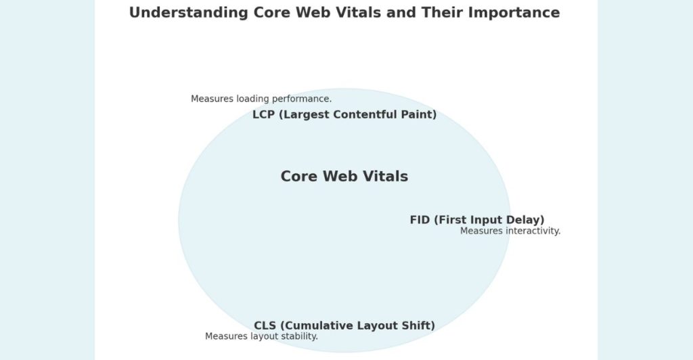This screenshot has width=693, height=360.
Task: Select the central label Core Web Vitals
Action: pos(344,177)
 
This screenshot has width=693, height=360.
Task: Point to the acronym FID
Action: pos(420,220)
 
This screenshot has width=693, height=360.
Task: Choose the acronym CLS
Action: pos(265,325)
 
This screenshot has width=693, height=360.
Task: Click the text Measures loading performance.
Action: pos(261,99)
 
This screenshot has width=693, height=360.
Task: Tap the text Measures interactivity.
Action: pos(510,231)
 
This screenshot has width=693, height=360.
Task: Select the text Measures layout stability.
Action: pos(261,336)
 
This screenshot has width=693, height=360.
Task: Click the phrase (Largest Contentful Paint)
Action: pos(357,114)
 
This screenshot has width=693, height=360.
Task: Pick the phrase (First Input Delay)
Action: pos(489,220)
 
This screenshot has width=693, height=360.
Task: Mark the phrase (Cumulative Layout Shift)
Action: pos(357,325)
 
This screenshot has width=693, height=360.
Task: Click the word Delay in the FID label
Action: pos(527,220)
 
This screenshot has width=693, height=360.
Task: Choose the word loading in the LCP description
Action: pos(252,99)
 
